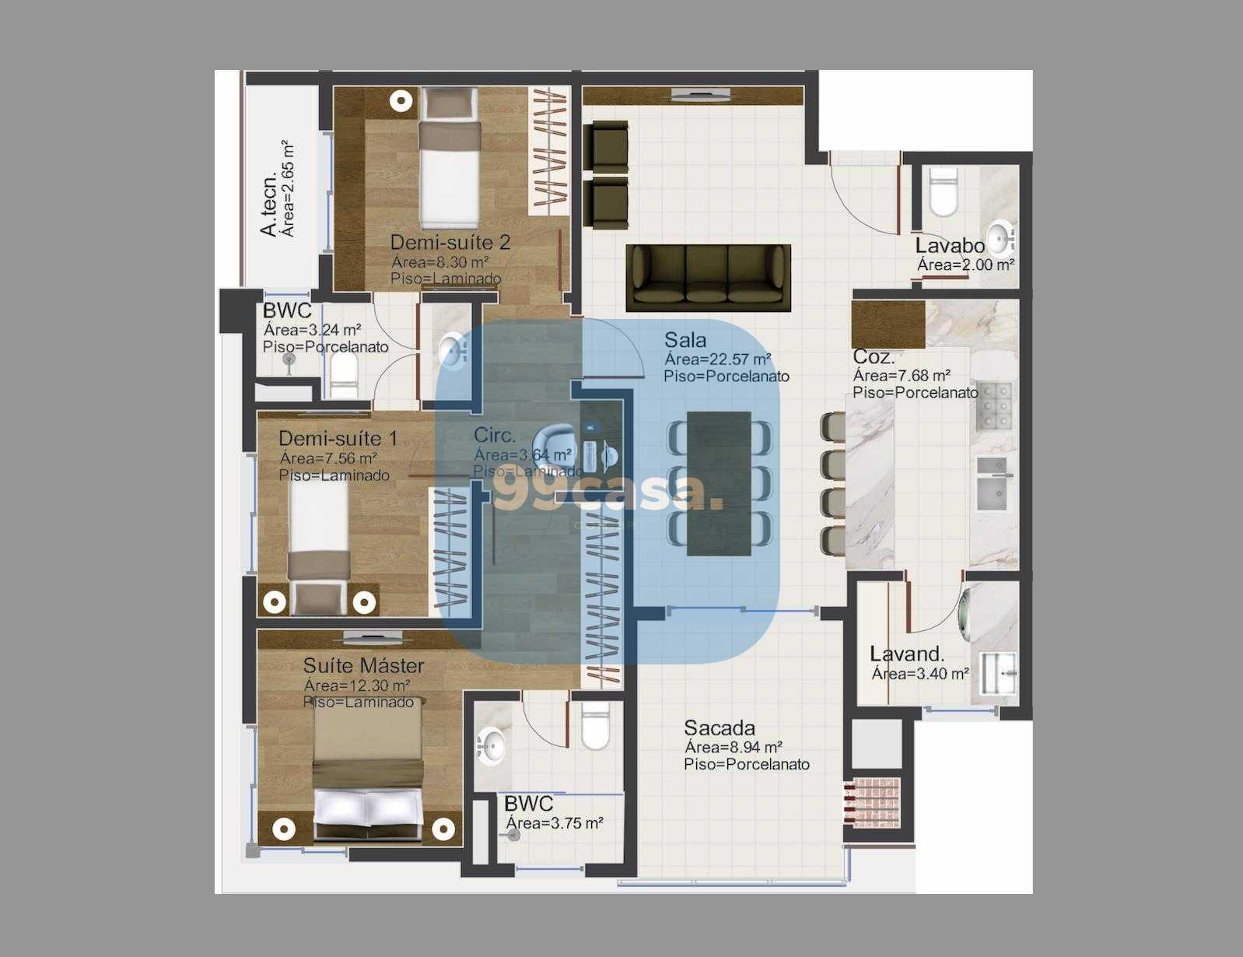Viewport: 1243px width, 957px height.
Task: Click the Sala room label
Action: coord(685,340)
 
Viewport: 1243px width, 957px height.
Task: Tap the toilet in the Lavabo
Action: coord(944,192)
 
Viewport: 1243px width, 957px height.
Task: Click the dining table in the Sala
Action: coord(719,483)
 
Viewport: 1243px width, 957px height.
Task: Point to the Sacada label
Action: coord(720,728)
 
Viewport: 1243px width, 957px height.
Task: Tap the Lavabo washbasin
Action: coord(1000,235)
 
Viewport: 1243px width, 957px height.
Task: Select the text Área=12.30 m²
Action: coord(357,685)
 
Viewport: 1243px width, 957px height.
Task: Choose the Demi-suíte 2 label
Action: coord(450,242)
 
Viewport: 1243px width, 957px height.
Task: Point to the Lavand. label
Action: coord(907,654)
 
